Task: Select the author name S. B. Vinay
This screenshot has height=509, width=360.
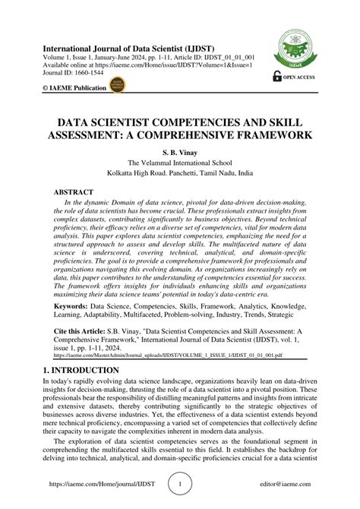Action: click(x=180, y=152)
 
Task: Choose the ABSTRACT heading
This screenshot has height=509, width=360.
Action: click(x=74, y=193)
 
